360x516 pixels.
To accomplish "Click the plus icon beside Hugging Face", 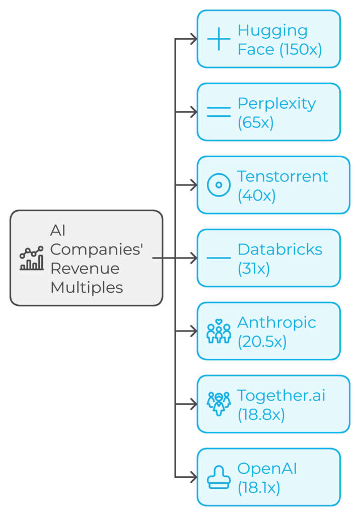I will click(219, 39).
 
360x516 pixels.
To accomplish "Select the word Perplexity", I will click(276, 103).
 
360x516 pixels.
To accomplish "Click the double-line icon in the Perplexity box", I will click(219, 112).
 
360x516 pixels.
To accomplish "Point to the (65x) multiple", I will click(255, 122).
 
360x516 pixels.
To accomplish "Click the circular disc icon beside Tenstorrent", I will click(219, 185).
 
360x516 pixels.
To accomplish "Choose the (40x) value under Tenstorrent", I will click(256, 196).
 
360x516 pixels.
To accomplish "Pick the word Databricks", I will click(280, 249).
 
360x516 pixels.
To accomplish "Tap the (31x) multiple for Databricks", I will click(253, 269).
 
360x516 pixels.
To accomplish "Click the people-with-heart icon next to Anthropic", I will click(219, 332).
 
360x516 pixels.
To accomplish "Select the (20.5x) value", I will click(262, 342).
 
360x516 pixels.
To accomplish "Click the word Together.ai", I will click(281, 396).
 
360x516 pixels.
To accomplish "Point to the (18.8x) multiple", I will click(261, 415).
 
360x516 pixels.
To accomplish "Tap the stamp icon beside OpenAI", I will click(219, 478).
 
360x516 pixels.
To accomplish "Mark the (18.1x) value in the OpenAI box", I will click(259, 488).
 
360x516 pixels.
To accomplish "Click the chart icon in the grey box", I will click(31, 259).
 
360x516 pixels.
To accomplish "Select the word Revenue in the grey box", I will click(85, 268).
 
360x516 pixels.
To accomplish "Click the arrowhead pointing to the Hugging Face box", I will click(192, 39).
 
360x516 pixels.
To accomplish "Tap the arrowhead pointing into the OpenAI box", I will click(192, 477).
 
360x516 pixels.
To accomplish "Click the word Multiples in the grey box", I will click(87, 288).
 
